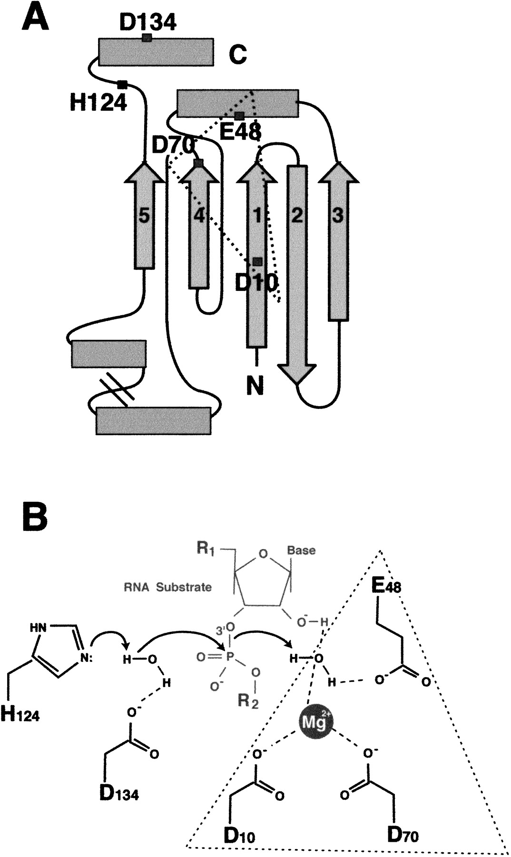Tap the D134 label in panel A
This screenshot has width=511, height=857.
tap(148, 22)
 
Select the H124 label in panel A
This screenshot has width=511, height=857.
tap(99, 102)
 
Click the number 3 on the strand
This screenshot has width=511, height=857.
tap(337, 216)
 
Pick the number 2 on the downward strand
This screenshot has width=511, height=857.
tap(296, 216)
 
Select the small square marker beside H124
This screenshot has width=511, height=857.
tap(122, 85)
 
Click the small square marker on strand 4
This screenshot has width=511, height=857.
tap(199, 163)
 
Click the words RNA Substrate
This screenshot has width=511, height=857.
tap(167, 587)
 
